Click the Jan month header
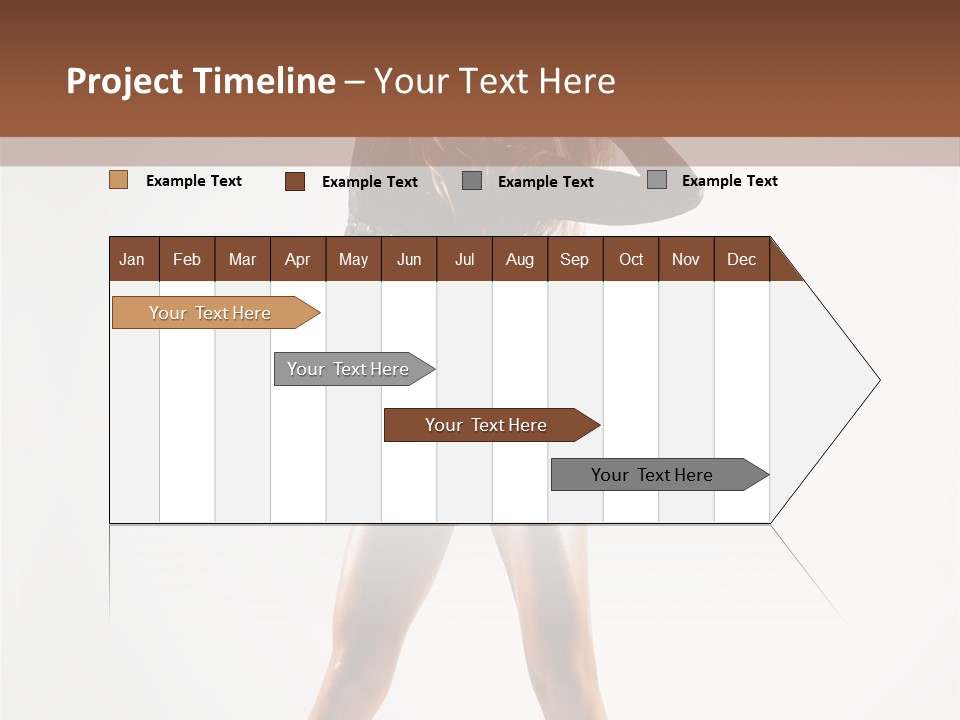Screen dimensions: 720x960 pos(132,259)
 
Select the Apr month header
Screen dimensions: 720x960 pos(297,259)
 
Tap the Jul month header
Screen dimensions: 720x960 pos(464,259)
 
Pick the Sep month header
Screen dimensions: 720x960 pos(574,259)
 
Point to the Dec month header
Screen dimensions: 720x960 pos(741,259)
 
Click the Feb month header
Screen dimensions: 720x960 pos(187,259)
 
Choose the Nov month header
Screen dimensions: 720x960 pos(685,259)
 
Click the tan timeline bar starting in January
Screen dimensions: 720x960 pos(210,313)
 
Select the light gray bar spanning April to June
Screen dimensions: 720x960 pos(348,369)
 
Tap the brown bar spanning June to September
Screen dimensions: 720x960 pos(486,425)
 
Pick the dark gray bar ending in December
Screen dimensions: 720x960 pos(652,475)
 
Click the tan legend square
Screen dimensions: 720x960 pos(118,180)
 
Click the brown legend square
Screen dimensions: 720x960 pos(294,181)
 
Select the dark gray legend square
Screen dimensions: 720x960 pos(472,181)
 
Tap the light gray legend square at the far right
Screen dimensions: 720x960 pos(657,180)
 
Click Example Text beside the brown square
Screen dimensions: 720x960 pos(369,182)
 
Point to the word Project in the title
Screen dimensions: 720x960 pos(124,82)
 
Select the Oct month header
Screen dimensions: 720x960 pos(631,259)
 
